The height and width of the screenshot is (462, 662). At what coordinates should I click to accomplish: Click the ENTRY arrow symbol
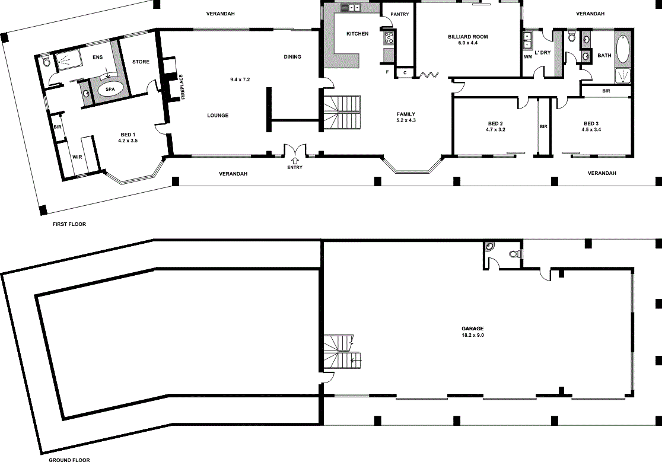pyautogui.click(x=295, y=160)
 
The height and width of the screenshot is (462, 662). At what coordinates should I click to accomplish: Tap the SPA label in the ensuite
pyautogui.click(x=110, y=90)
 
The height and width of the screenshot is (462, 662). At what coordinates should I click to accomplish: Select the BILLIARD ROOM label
pyautogui.click(x=468, y=37)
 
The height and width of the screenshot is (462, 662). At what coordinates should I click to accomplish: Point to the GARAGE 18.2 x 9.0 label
pyautogui.click(x=472, y=332)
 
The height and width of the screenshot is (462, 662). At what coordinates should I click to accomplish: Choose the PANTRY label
pyautogui.click(x=399, y=14)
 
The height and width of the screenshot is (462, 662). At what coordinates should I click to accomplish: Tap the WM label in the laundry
pyautogui.click(x=528, y=57)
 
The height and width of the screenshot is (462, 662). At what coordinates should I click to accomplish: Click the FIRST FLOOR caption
pyautogui.click(x=69, y=224)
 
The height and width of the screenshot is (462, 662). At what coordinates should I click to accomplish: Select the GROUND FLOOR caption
pyautogui.click(x=69, y=460)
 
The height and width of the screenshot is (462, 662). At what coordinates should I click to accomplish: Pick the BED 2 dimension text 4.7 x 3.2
pyautogui.click(x=495, y=129)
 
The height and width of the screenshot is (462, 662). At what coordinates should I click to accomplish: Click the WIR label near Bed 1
pyautogui.click(x=77, y=157)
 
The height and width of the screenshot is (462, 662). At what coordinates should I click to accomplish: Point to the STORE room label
pyautogui.click(x=141, y=62)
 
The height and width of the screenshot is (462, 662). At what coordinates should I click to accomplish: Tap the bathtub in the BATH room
pyautogui.click(x=622, y=49)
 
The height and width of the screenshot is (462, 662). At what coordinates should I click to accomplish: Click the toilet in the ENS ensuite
pyautogui.click(x=46, y=62)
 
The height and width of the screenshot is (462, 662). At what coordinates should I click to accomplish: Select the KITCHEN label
pyautogui.click(x=357, y=34)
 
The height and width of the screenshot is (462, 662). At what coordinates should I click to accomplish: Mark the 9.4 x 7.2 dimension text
pyautogui.click(x=240, y=79)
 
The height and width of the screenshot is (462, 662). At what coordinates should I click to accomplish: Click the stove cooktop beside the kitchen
pyautogui.click(x=389, y=38)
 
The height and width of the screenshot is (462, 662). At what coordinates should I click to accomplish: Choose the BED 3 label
pyautogui.click(x=591, y=123)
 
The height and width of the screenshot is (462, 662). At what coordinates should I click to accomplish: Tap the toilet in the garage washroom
pyautogui.click(x=515, y=254)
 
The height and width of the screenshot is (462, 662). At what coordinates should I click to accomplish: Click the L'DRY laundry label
pyautogui.click(x=543, y=53)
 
